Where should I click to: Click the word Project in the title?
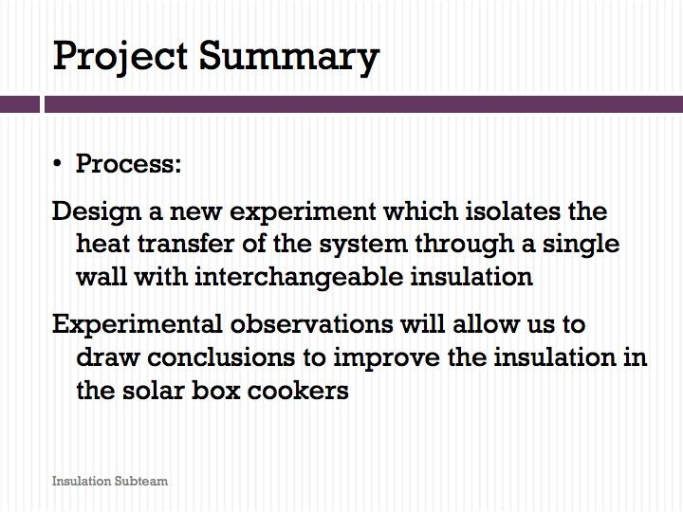click(x=120, y=58)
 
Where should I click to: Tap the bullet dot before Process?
click(x=57, y=165)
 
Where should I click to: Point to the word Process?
click(x=128, y=164)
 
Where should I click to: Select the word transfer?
click(x=186, y=244)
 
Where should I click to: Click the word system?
click(x=363, y=246)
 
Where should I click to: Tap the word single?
click(x=581, y=246)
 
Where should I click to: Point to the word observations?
click(x=311, y=324)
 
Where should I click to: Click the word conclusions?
click(x=221, y=357)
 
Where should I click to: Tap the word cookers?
click(x=298, y=390)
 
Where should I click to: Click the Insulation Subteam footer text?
click(x=110, y=481)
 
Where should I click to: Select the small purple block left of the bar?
click(x=20, y=104)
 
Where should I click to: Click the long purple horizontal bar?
click(x=363, y=104)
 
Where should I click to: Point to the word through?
click(x=464, y=246)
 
